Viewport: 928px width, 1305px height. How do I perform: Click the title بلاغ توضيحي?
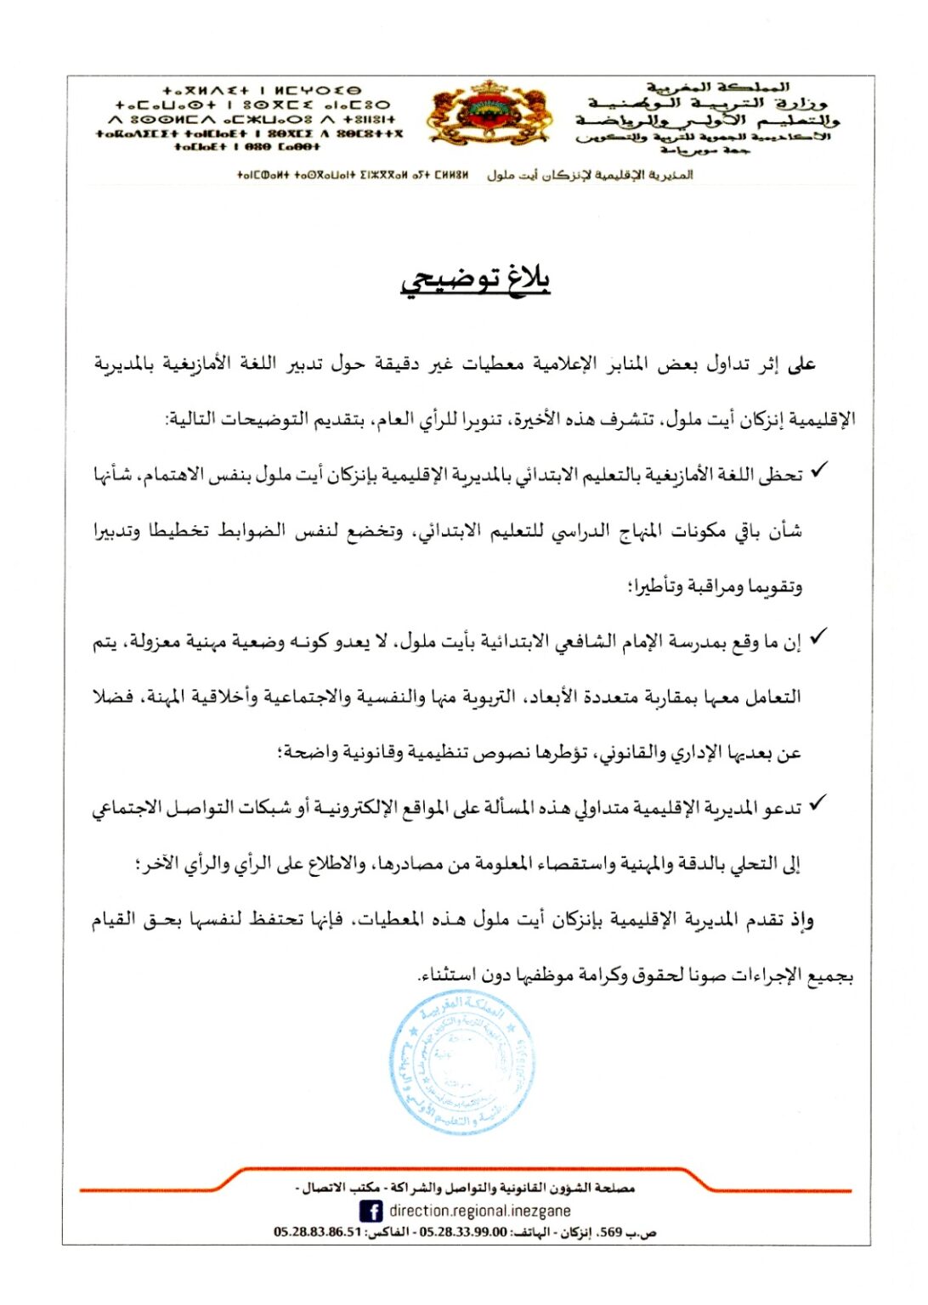coord(476,280)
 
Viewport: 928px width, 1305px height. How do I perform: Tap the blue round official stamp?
coord(462,1062)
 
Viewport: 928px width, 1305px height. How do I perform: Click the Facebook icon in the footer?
coord(371,1211)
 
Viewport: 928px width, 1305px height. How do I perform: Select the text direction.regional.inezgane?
coord(480,1211)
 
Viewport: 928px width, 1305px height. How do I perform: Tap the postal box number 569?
coord(611,1232)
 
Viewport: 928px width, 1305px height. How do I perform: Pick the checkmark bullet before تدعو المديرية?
coord(818,803)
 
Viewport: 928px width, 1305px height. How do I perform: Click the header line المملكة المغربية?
coord(719,87)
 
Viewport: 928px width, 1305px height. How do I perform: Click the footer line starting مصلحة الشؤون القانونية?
coord(466,1188)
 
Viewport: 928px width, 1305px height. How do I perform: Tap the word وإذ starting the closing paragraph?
coord(801,919)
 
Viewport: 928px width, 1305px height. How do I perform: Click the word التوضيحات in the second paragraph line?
coord(275,419)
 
